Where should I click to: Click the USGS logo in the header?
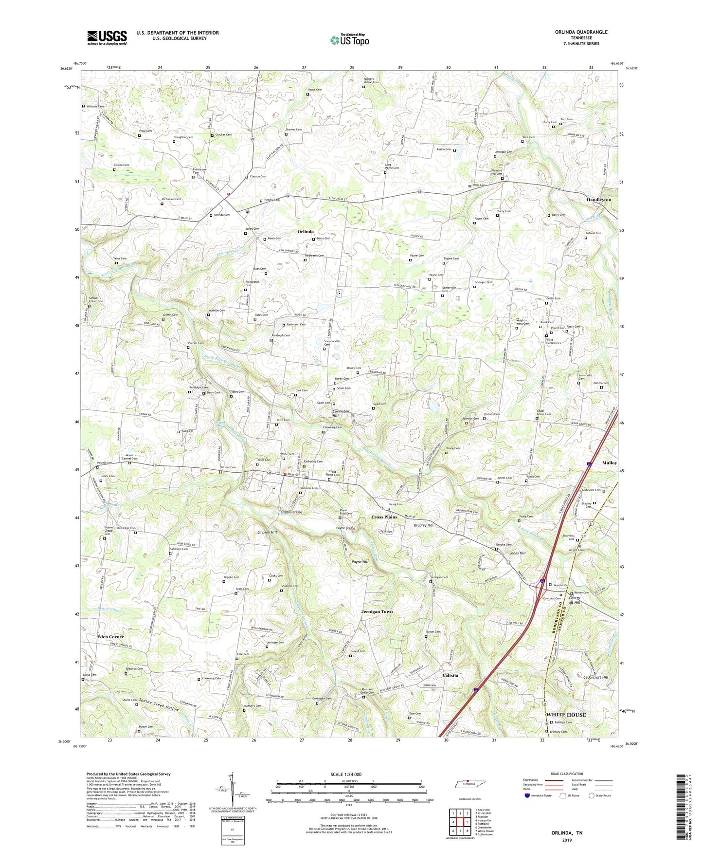point(107,37)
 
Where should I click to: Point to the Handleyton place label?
point(598,200)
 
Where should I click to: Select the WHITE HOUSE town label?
point(566,715)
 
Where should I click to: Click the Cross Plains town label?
point(384,517)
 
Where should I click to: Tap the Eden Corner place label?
point(110,637)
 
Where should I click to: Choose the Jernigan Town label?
point(377,611)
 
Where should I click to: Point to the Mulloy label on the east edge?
point(609,463)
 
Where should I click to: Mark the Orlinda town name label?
point(306,232)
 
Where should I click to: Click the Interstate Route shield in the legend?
point(527,796)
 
